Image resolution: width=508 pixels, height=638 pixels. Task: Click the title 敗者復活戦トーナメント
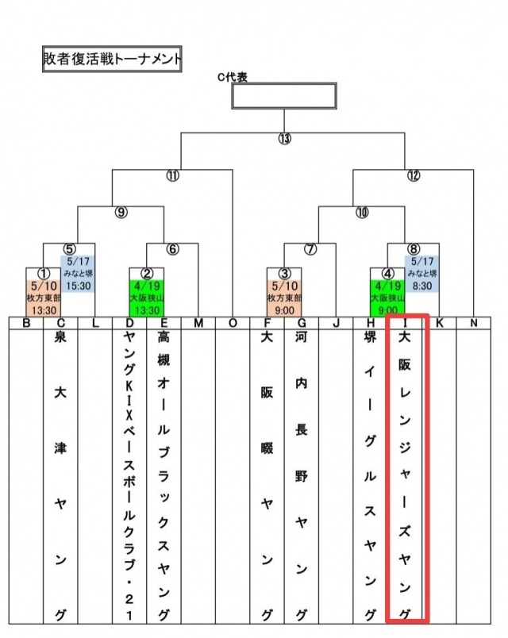point(112,59)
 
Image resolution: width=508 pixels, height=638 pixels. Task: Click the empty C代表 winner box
point(283,95)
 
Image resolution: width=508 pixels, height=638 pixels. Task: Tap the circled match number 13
point(284,139)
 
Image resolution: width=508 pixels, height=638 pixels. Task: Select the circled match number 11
point(172,175)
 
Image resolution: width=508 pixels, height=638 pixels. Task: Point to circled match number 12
point(413,175)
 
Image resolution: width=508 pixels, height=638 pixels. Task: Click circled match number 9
point(121,212)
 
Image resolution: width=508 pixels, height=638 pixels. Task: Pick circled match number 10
point(362,212)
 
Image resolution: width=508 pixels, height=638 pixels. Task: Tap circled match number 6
point(172,248)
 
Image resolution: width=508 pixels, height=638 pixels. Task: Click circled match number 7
point(310,248)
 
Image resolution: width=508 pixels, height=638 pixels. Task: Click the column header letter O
point(233,323)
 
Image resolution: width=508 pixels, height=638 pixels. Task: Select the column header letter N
point(473,323)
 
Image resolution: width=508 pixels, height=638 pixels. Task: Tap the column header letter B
point(26,323)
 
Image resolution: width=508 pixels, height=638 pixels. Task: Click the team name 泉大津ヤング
point(60,476)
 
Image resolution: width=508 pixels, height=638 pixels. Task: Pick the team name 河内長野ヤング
point(301,476)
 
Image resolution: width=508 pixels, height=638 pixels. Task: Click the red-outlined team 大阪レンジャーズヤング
point(405,476)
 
